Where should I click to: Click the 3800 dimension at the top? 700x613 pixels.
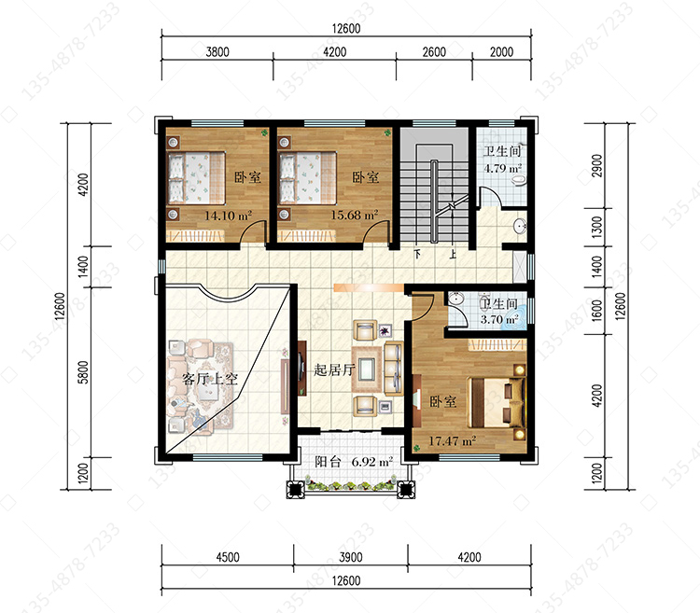tap(217, 51)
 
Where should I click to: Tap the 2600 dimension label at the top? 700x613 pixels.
tap(434, 51)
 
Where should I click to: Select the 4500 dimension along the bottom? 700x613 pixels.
tap(228, 557)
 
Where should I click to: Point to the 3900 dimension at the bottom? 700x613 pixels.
tap(350, 557)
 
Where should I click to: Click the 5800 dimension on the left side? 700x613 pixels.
tap(83, 372)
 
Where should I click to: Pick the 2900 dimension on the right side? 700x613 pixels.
tap(597, 165)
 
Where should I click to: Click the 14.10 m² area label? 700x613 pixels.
tap(228, 216)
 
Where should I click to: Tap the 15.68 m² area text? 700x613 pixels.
tap(355, 215)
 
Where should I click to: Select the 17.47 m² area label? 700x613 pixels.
tap(453, 440)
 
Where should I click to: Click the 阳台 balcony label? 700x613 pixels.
tap(328, 461)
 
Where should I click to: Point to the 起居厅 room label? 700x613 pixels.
tap(334, 369)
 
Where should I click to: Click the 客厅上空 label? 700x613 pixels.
tap(210, 379)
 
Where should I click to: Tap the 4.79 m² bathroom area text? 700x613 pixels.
tap(503, 168)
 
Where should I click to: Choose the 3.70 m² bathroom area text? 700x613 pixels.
tap(499, 319)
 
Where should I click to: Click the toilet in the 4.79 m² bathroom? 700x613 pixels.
tap(519, 180)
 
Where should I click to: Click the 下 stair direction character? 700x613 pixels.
tap(417, 255)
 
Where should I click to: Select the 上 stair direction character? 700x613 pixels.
tap(453, 255)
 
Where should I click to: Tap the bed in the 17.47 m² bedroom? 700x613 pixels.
tap(497, 402)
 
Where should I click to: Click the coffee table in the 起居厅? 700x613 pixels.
tap(368, 369)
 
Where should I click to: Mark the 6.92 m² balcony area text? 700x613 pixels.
tap(372, 461)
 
